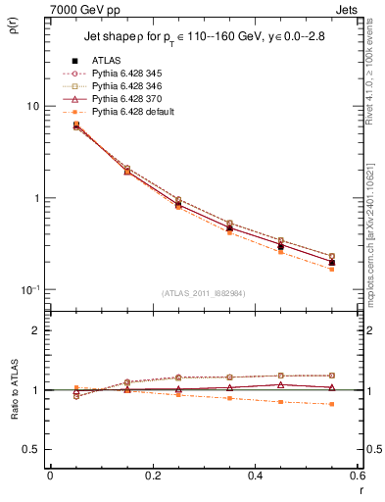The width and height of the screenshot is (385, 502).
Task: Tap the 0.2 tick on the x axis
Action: click(x=152, y=476)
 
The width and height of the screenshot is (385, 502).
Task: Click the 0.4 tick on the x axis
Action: click(x=255, y=476)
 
